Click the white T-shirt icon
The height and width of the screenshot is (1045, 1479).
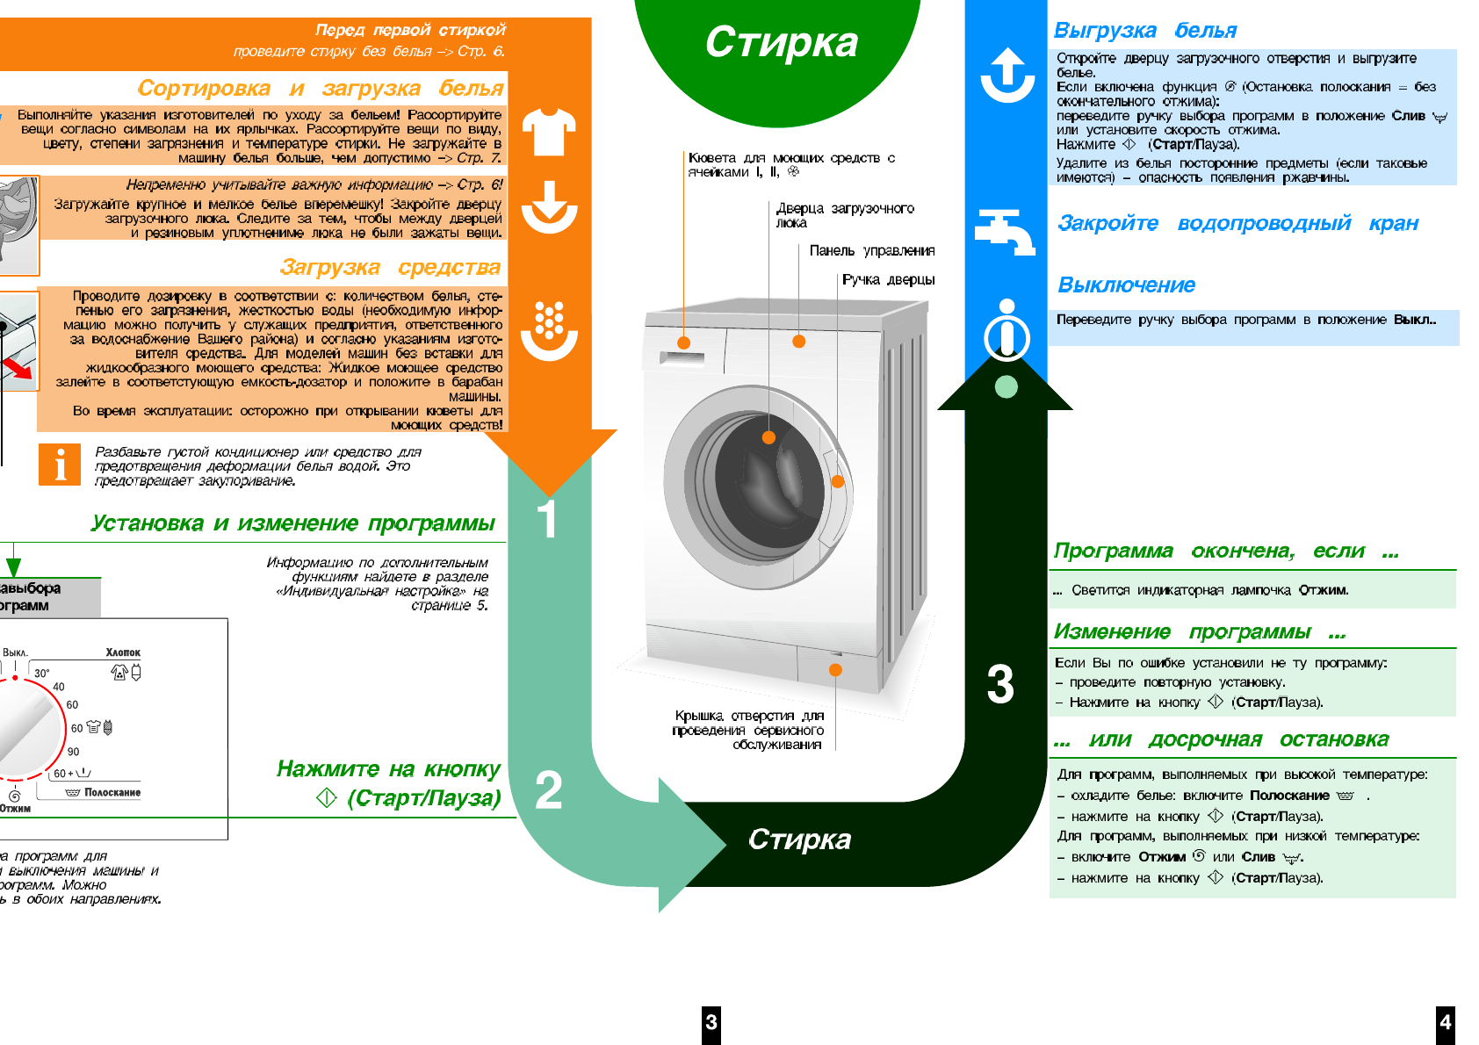[549, 132]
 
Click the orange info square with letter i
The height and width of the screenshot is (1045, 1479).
[60, 465]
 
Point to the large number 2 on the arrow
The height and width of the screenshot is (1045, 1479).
[549, 789]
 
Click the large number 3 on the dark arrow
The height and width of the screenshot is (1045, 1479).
[1000, 684]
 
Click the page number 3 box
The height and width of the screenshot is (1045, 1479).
[711, 1023]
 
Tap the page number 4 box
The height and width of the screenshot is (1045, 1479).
[1446, 1023]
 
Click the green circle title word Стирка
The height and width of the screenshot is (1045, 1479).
[781, 42]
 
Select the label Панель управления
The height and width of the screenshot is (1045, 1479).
[871, 251]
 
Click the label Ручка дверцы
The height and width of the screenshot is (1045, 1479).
[888, 280]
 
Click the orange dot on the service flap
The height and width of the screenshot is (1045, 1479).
[835, 670]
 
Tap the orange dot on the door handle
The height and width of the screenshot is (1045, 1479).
[838, 481]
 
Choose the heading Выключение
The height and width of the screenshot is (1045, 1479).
[1126, 285]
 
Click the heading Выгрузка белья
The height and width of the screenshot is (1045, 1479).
[1145, 31]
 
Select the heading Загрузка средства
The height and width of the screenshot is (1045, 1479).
[390, 267]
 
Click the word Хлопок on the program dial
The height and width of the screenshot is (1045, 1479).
[123, 652]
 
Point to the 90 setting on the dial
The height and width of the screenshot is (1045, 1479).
[74, 752]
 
